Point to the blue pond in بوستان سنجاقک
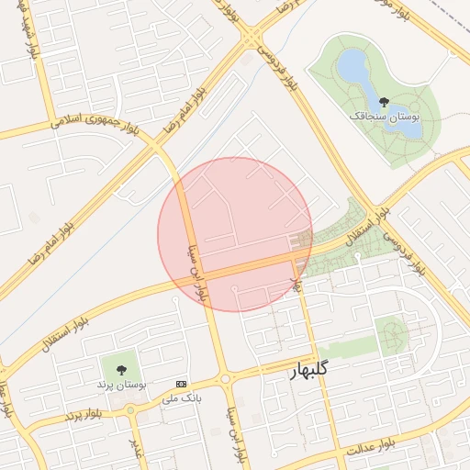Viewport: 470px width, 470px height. (352, 67)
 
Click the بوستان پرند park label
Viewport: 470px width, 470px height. (121, 383)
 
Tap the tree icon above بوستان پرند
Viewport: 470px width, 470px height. (121, 367)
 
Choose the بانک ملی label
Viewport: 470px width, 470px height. (181, 398)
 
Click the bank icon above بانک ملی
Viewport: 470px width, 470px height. (181, 383)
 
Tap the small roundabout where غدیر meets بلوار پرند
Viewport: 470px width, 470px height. (131, 412)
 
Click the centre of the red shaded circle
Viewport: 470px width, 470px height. (235, 234)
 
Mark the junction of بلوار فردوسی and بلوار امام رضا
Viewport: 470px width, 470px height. (251, 38)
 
